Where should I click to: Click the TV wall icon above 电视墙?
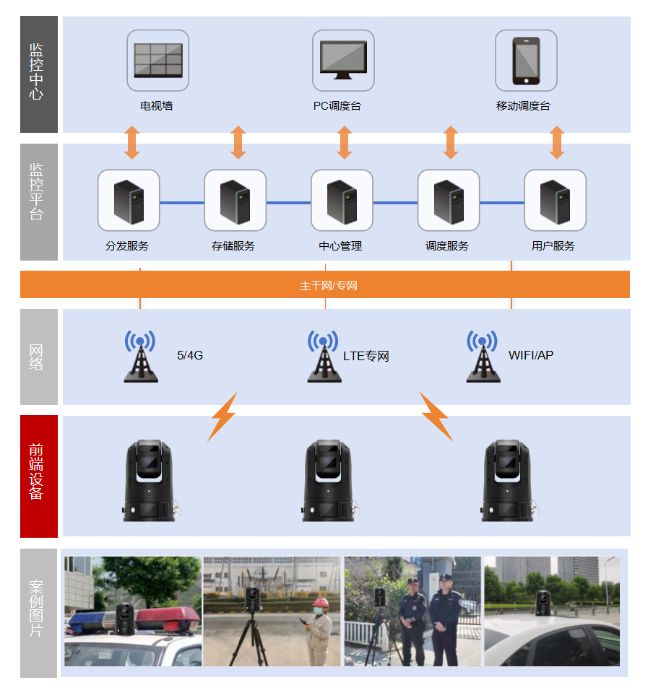pyautogui.click(x=157, y=60)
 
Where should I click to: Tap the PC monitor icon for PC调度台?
pyautogui.click(x=343, y=60)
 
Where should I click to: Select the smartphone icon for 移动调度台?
pyautogui.click(x=526, y=60)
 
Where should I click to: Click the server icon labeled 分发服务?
pyautogui.click(x=129, y=200)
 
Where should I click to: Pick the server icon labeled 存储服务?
pyautogui.click(x=235, y=200)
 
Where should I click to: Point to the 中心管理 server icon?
pyautogui.click(x=342, y=200)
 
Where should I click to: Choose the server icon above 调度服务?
pyautogui.click(x=448, y=200)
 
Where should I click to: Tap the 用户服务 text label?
pyautogui.click(x=553, y=246)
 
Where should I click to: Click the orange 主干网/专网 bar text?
pyautogui.click(x=329, y=285)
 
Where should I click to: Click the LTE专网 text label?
pyautogui.click(x=366, y=356)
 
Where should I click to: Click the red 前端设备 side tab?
pyautogui.click(x=38, y=476)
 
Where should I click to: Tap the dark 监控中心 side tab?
pyautogui.click(x=38, y=74)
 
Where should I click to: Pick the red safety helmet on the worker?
pyautogui.click(x=320, y=603)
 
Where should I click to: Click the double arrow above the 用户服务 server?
pyautogui.click(x=556, y=142)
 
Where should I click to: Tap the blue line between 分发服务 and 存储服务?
pyautogui.click(x=181, y=203)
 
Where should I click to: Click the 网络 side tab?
pyautogui.click(x=38, y=357)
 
